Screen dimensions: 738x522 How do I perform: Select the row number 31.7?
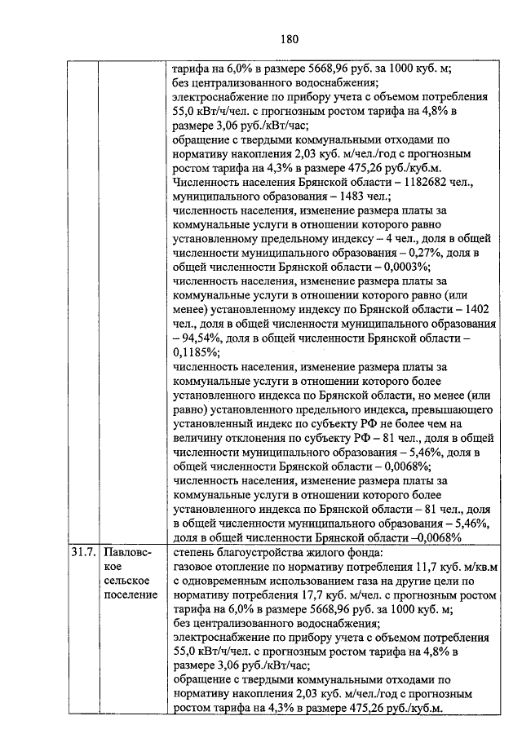tap(82, 551)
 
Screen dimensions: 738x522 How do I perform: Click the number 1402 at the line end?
tap(474, 309)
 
